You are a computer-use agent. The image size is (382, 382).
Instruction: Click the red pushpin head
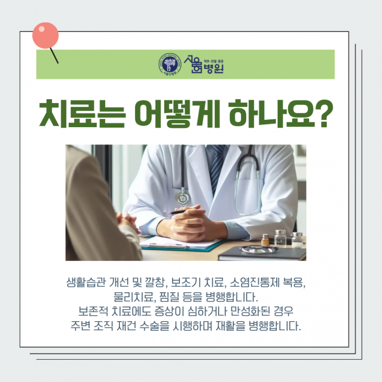pos(45,35)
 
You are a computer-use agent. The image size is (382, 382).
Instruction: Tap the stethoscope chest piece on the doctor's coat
pos(183,196)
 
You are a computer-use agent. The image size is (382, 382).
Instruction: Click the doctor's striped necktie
pos(216,165)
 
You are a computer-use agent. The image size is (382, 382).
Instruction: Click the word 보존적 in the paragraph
pos(92,312)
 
